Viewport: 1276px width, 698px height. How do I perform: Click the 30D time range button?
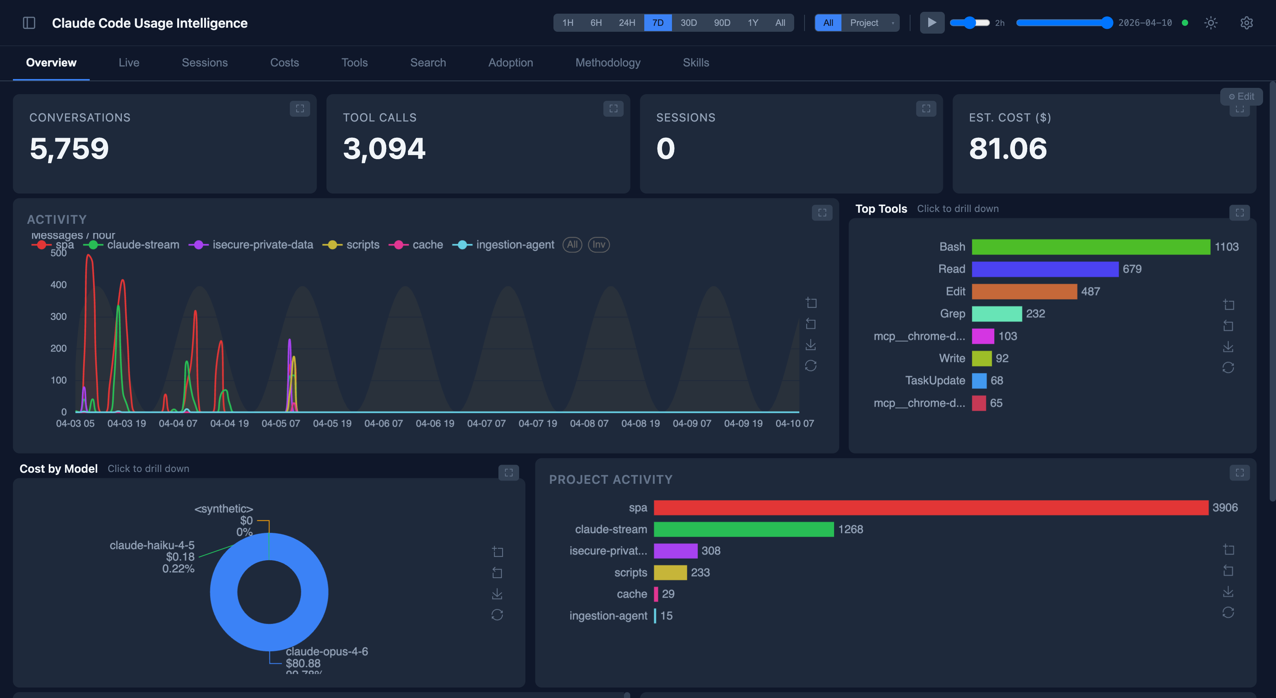[x=688, y=23]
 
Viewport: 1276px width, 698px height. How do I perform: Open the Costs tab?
[x=284, y=62]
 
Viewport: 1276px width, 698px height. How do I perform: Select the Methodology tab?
[x=608, y=62]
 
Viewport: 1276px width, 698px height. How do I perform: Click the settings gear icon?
[x=1246, y=23]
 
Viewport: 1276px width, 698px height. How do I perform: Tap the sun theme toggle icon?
[x=1211, y=23]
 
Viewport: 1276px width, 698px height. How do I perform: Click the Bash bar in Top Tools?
[x=1090, y=247]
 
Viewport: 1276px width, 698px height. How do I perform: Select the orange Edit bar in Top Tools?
[x=1024, y=291]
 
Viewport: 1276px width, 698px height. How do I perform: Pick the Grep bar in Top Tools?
[x=996, y=314]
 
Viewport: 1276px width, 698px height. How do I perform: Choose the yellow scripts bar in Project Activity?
[x=670, y=572]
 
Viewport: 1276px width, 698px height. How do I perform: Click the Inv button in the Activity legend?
[x=598, y=245]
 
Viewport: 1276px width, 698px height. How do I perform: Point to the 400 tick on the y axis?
[x=58, y=285]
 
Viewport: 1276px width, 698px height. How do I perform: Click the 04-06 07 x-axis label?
[x=383, y=424]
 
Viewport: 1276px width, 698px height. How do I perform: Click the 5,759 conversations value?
[x=69, y=148]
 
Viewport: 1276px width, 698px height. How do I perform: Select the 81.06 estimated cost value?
[x=1008, y=148]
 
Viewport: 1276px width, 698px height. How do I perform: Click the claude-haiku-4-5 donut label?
[x=152, y=545]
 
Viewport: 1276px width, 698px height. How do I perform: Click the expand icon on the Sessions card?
[x=926, y=109]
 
